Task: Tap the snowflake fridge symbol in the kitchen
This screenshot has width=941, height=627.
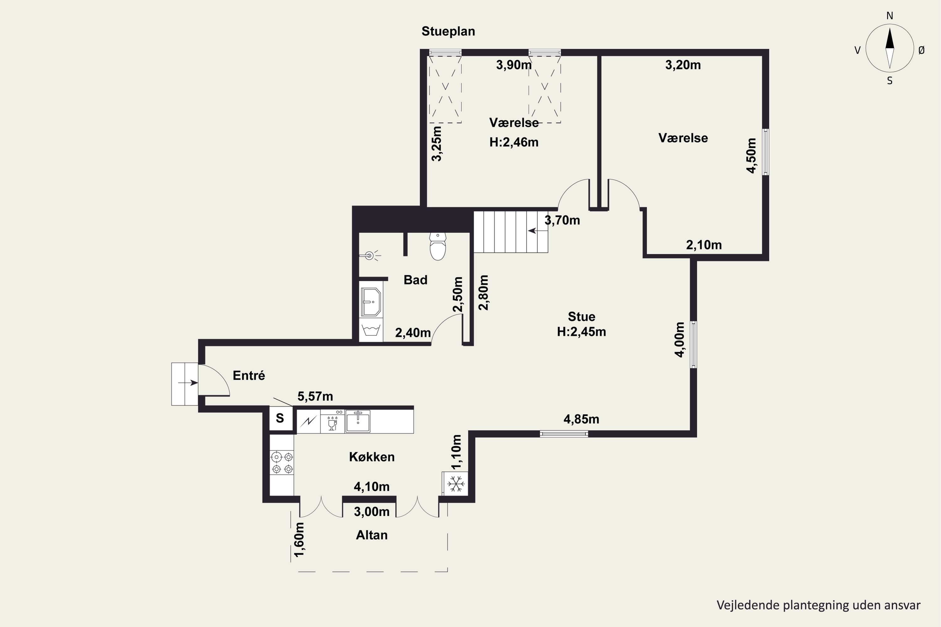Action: point(455,484)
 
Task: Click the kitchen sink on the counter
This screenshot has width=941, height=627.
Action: point(358,421)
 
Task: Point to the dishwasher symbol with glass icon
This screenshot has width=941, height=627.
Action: point(332,421)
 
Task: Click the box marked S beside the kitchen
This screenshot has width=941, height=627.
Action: point(280,418)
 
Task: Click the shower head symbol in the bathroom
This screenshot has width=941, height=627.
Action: point(370,255)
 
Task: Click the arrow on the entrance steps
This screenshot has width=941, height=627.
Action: point(188,383)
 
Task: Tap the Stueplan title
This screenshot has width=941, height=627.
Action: point(448,31)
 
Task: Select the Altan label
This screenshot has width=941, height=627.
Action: point(372,535)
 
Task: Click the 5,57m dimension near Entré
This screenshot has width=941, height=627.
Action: point(315,396)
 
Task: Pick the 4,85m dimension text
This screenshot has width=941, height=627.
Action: point(581,419)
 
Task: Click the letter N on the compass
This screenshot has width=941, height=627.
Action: point(890,16)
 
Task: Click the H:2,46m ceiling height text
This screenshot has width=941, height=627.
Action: point(514,142)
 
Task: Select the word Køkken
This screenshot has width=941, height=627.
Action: point(372,457)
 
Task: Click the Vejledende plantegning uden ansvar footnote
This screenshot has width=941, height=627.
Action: point(819,605)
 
